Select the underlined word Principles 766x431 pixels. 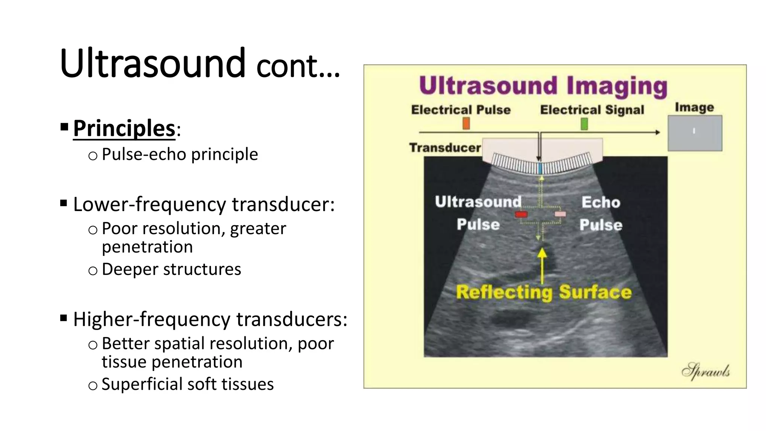pos(124,128)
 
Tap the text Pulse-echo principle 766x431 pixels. pos(180,154)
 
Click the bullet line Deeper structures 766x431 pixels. pos(171,269)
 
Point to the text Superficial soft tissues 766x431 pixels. pos(187,384)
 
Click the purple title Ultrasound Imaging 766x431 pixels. pos(543,85)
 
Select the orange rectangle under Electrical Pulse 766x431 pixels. pos(466,123)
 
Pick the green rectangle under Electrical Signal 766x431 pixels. pos(584,124)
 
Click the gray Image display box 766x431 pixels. pos(695,133)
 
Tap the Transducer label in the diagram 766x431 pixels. pos(445,148)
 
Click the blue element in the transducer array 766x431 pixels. pos(540,168)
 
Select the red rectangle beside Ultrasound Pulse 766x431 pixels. pos(521,214)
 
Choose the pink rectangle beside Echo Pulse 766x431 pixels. pos(560,214)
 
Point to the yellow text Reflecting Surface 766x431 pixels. pos(544,292)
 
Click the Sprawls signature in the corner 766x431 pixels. pos(705,371)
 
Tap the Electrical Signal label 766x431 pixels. pos(592,110)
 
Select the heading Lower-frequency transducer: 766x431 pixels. pos(204,205)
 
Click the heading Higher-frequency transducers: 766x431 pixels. pos(210,320)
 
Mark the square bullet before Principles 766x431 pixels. pos(64,127)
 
